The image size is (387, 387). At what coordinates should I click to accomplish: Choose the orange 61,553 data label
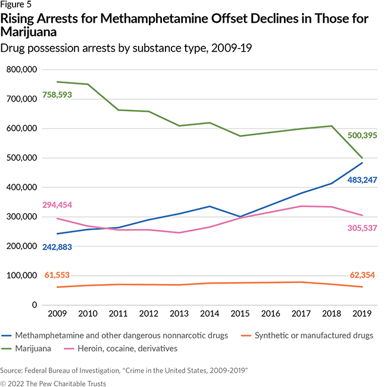(60, 275)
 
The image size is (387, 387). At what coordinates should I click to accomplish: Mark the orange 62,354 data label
(355, 275)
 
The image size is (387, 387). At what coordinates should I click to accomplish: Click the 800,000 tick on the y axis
(21, 70)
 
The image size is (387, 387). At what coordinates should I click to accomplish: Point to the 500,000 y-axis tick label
(21, 158)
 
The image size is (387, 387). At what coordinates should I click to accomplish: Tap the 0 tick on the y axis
(35, 305)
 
